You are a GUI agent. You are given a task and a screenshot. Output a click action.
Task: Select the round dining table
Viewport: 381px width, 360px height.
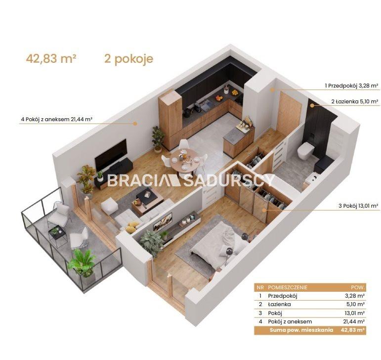pyautogui.click(x=185, y=160)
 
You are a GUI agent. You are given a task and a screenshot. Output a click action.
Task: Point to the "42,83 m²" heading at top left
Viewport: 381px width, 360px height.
pyautogui.click(x=51, y=58)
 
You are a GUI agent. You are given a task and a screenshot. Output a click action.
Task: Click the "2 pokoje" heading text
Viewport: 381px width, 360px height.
pyautogui.click(x=129, y=59)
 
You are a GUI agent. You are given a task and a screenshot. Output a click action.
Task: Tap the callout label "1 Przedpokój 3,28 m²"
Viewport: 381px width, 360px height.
pyautogui.click(x=351, y=86)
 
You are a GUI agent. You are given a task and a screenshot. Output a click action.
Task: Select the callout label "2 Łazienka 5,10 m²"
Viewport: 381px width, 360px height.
pyautogui.click(x=355, y=101)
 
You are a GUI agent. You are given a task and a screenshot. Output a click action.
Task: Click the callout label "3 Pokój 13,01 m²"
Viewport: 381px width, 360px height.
pyautogui.click(x=358, y=206)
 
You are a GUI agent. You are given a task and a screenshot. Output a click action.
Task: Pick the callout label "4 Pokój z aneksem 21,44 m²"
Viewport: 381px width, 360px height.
pyautogui.click(x=57, y=119)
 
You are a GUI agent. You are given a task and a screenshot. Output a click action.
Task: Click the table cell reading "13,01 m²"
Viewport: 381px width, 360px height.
pyautogui.click(x=354, y=313)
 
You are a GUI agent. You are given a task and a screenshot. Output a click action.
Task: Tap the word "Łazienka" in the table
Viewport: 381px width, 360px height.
pyautogui.click(x=279, y=304)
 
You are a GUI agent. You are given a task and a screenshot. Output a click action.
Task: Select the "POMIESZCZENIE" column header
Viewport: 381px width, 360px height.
pyautogui.click(x=288, y=288)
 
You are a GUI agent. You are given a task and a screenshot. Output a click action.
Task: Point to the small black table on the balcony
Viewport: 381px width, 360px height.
pyautogui.click(x=58, y=234)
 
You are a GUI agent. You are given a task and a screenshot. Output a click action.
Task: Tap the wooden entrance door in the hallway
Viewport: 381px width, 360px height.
pyautogui.click(x=289, y=115)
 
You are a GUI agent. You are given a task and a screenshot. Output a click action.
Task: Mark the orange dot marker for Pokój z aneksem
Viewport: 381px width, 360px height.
pyautogui.click(x=135, y=124)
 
